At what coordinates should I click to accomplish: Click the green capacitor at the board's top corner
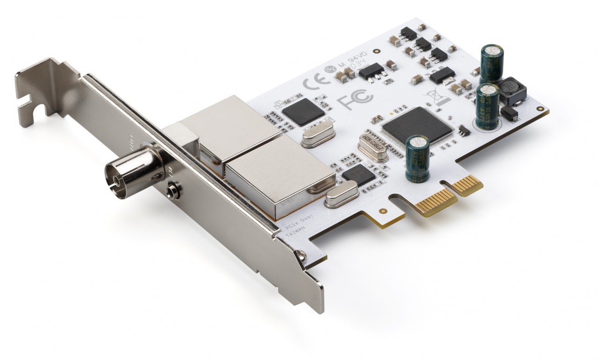point(493,63)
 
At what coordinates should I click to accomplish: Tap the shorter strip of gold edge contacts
point(467,185)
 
